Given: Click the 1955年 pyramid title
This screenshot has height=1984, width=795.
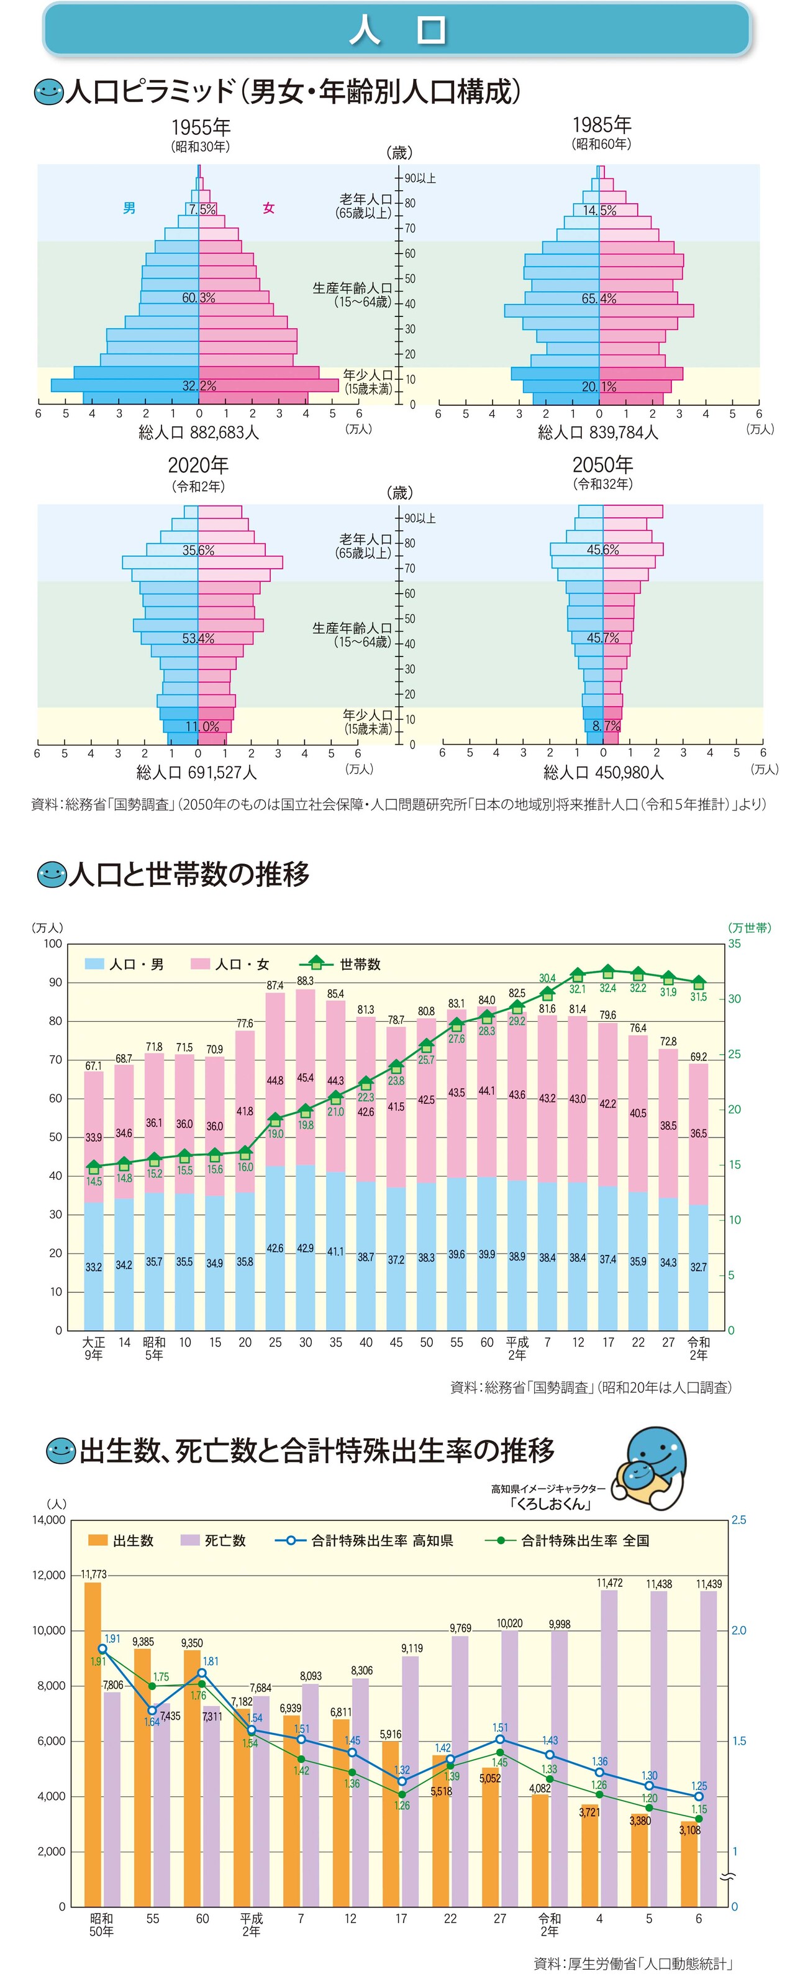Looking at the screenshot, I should coord(200,127).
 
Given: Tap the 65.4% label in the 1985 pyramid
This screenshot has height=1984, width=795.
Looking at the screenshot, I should coord(599,299).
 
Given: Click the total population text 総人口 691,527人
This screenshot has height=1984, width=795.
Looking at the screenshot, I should coord(197,773).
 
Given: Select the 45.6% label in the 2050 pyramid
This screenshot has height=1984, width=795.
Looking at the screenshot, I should coord(602,550).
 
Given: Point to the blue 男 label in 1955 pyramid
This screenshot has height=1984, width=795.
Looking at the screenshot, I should coord(129,208).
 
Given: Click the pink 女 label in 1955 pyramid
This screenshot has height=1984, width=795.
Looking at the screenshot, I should coord(268,208).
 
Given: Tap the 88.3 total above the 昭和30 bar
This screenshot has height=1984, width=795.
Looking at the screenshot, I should coord(306,980).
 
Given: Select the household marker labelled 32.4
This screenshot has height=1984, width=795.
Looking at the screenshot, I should coord(608,972).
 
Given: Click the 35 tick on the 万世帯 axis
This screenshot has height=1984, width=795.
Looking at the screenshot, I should coord(734,944).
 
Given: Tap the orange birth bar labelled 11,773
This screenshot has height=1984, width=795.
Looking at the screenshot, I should coord(93,1740).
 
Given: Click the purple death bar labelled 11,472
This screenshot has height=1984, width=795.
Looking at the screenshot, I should coord(609,1748).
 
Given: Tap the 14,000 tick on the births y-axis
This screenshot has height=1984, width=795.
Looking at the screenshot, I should coord(48,1520).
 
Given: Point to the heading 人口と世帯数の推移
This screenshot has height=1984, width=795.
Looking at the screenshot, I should coord(189,874).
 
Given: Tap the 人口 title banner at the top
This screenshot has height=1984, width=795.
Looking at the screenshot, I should coord(397,29).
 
